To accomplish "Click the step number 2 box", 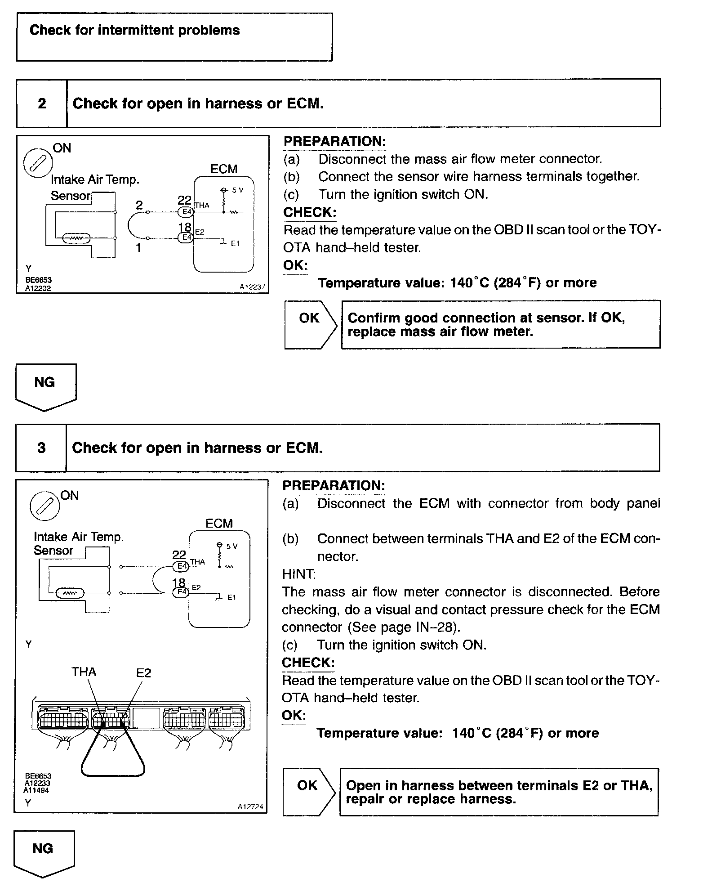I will coord(42,103).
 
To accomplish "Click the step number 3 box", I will coord(41,448).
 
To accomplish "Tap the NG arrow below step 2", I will coord(45,386).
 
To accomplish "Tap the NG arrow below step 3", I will coord(44,852).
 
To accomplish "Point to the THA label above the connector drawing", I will coord(84,672).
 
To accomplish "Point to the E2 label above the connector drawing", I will coord(144,673).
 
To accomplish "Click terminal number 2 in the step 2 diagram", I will coord(139,205).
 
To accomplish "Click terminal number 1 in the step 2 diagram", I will coord(139,247).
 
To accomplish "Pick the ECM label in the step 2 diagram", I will coord(224,169).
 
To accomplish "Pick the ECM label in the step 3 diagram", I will coord(219,524).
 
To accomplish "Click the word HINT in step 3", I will coord(299,574).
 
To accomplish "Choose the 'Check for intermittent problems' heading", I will coord(135,30).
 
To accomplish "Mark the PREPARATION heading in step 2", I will coord(334,141).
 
